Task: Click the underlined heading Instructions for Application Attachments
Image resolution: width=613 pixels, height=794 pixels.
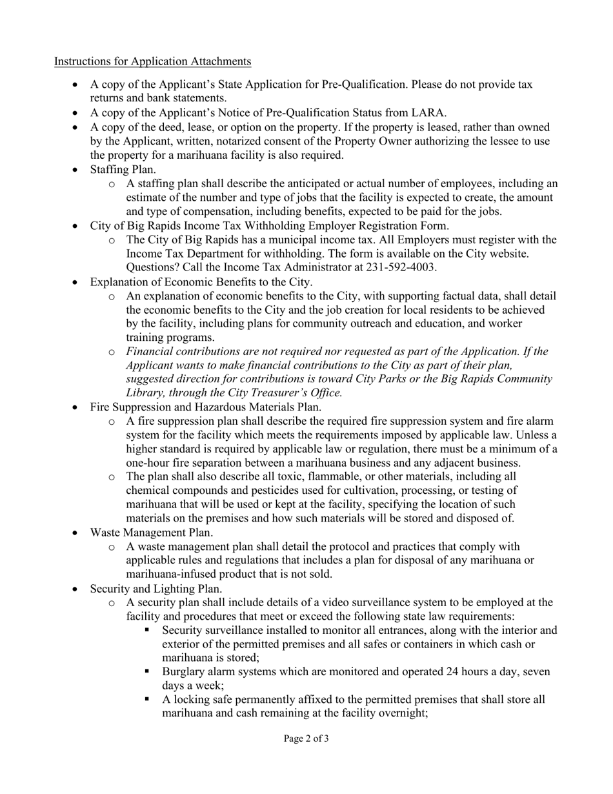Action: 152,61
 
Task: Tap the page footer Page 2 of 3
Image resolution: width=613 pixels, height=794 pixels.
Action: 306,738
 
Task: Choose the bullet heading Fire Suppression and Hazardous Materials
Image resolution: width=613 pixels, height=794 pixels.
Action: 205,407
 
